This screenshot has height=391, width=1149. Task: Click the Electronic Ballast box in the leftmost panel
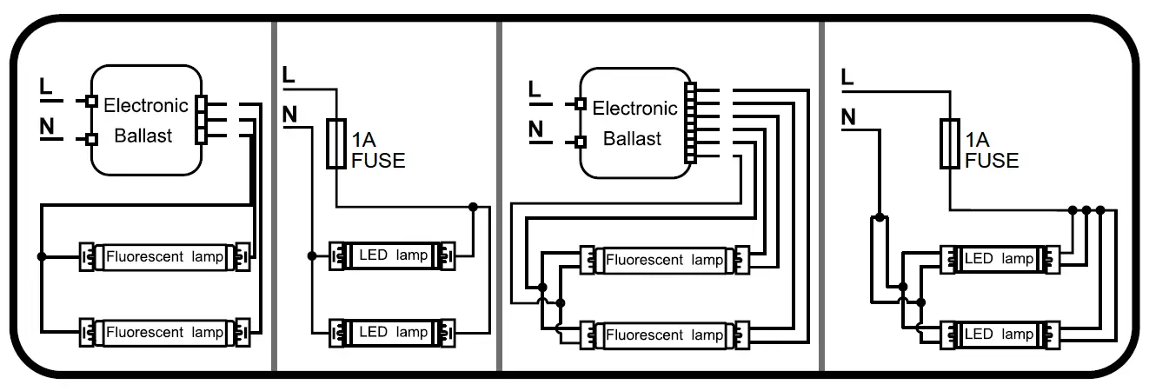(145, 120)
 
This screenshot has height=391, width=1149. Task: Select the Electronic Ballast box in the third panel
(634, 123)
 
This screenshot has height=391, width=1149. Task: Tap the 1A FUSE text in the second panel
(377, 150)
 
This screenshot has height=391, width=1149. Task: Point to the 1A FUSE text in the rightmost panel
(991, 150)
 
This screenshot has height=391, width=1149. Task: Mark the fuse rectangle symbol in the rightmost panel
(950, 142)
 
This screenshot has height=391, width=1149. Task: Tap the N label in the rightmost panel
(848, 116)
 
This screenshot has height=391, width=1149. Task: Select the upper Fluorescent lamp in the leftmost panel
(164, 257)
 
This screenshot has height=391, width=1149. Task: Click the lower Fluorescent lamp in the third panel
(664, 334)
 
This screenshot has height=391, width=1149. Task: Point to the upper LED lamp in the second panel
(393, 255)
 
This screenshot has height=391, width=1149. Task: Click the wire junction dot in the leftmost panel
(42, 257)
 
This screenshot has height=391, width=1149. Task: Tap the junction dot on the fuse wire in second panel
(473, 207)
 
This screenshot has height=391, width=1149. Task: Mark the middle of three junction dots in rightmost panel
(1086, 209)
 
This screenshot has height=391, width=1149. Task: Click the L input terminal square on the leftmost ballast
(90, 101)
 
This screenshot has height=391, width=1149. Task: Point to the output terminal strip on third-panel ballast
(691, 123)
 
